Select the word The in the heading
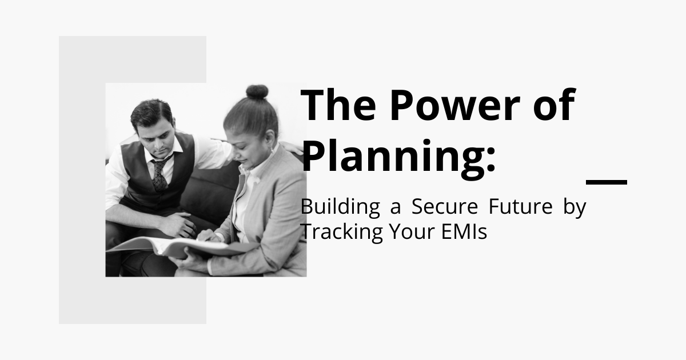pos(338,105)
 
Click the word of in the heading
pos(555,105)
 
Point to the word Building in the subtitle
pos(340,208)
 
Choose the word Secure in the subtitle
pos(445,207)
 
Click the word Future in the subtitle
pos(521,207)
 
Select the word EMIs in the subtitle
pos(464,231)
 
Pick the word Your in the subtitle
pos(412,231)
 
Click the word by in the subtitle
pos(575,208)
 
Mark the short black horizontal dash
pos(607,182)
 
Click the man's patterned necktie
pos(159,174)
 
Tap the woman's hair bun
pos(257,92)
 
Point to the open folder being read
pos(181,247)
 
